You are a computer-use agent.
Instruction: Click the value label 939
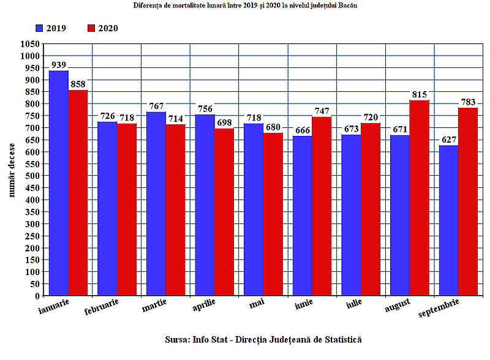[x=59, y=65]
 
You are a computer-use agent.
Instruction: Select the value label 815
[x=420, y=94]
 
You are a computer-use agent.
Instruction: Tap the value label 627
[x=448, y=139]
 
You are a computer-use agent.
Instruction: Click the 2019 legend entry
[x=50, y=28]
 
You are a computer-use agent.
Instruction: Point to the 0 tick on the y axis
[x=37, y=296]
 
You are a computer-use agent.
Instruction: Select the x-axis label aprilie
[x=203, y=305]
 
